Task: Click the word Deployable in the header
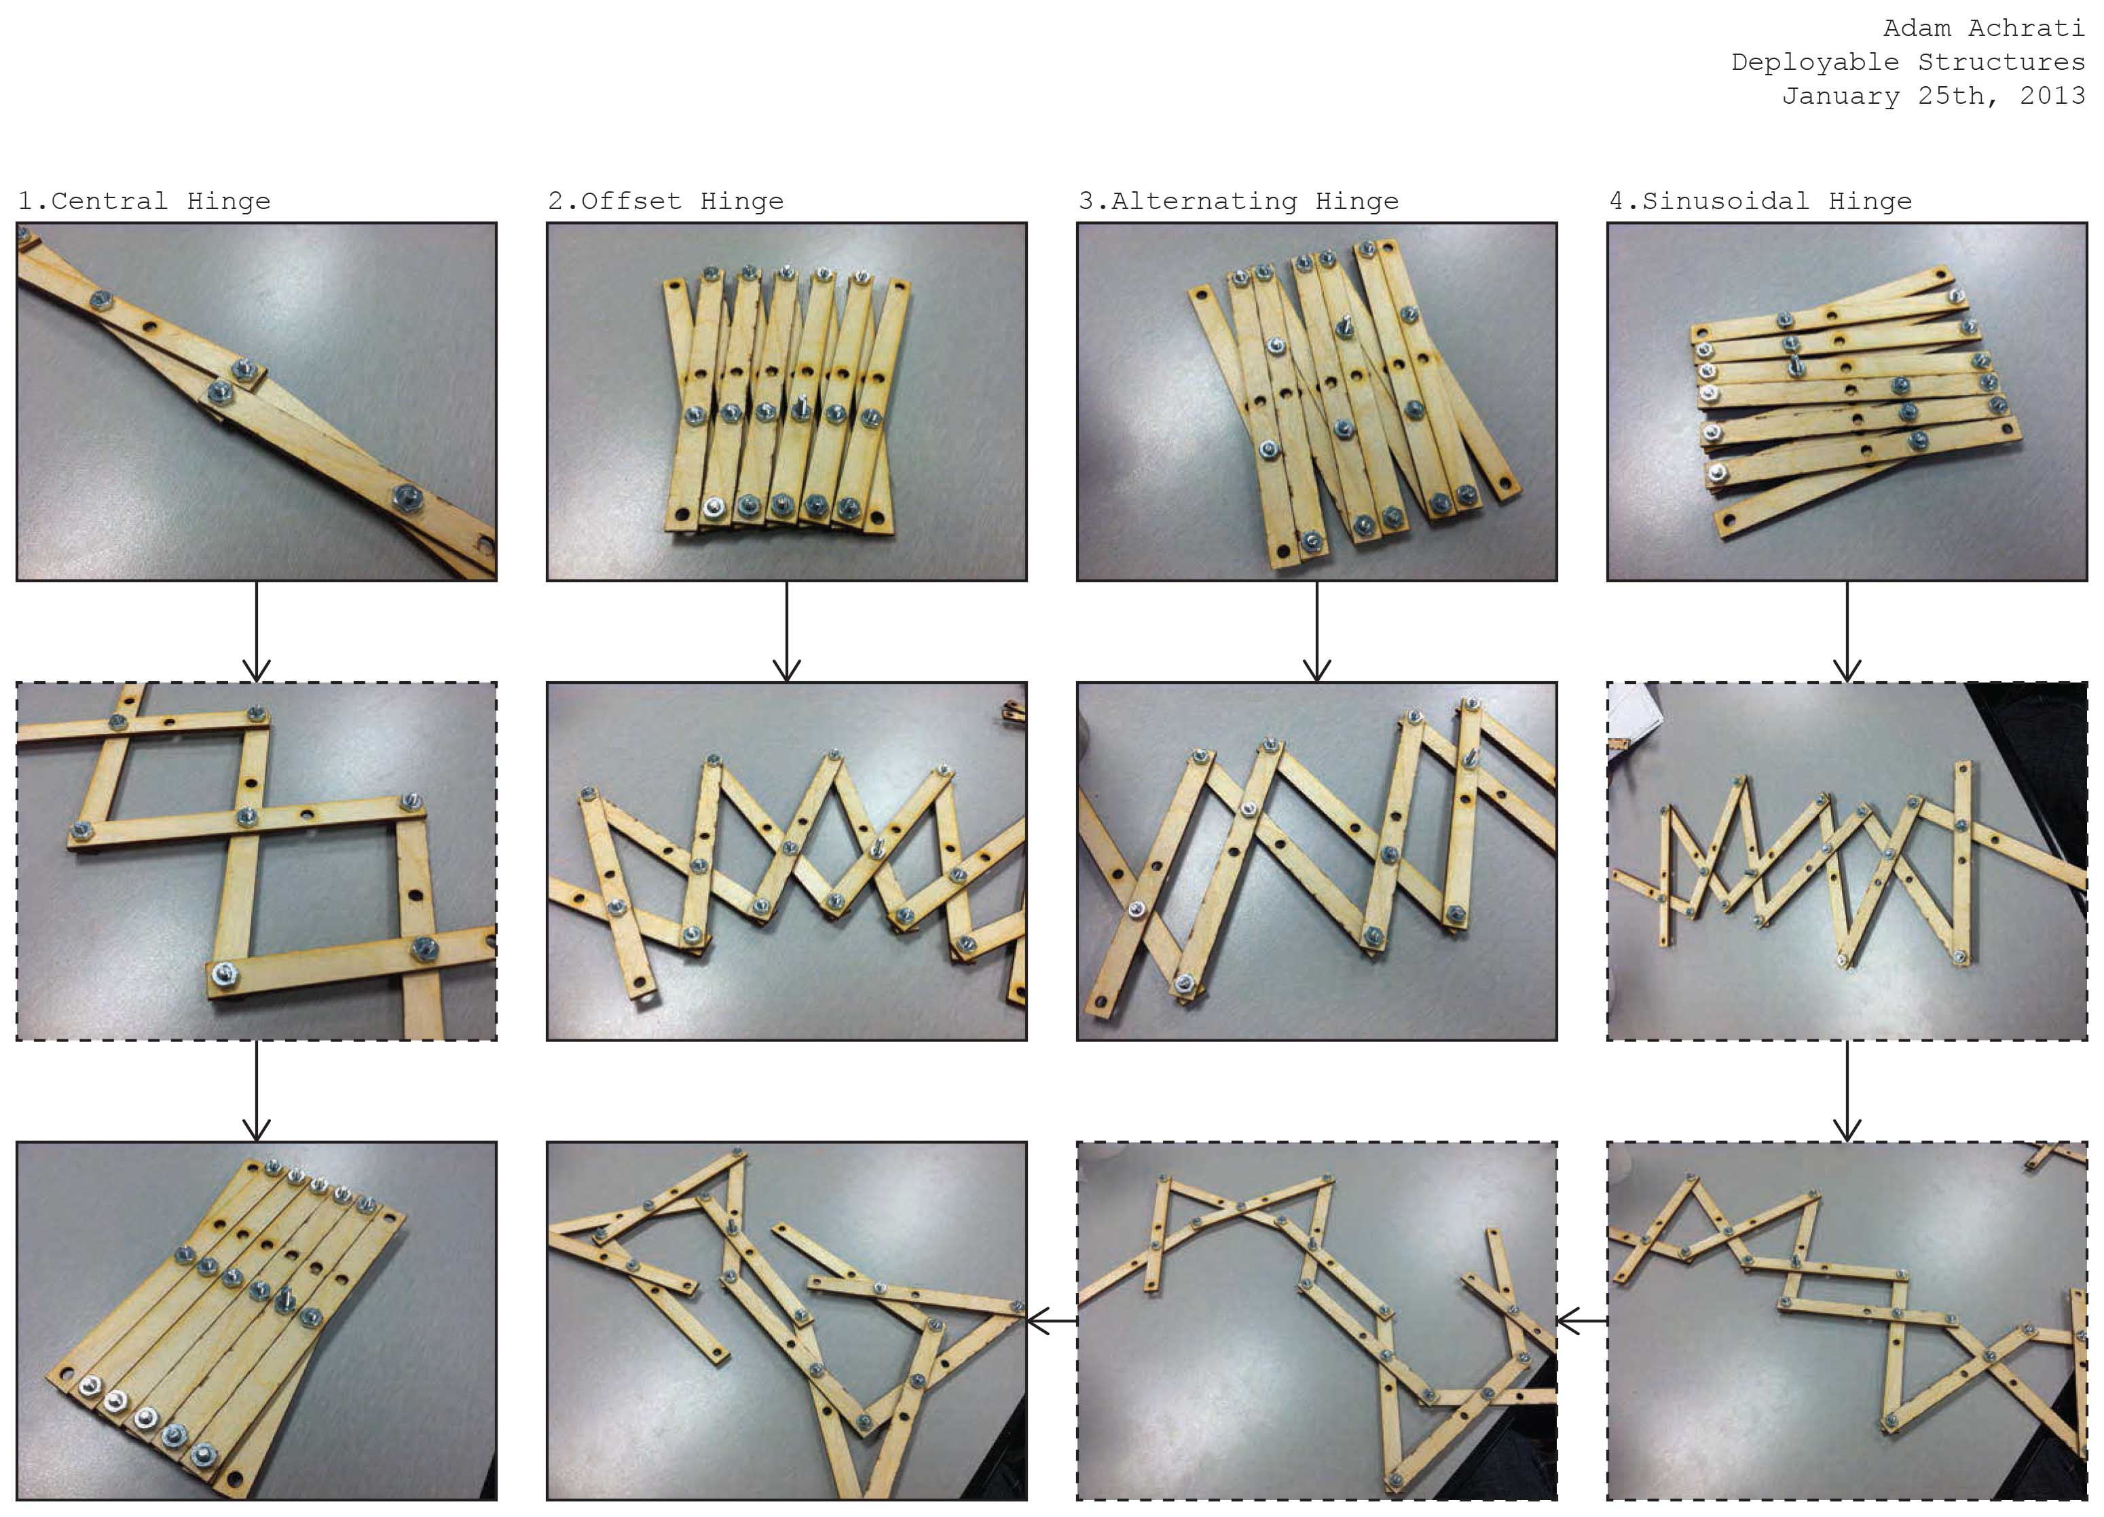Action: coord(1815,62)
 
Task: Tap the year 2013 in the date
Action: coord(2051,96)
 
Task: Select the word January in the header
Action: coord(1840,96)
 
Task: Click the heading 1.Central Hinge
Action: coord(144,201)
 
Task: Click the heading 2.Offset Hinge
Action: coord(665,201)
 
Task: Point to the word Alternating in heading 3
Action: coord(1204,201)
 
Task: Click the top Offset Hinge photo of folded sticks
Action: coord(787,402)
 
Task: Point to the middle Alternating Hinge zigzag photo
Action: coord(1316,862)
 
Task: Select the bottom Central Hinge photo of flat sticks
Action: coord(256,1320)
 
